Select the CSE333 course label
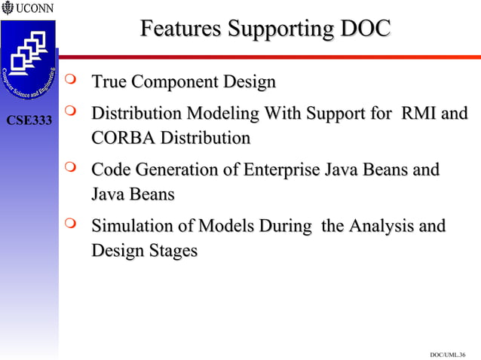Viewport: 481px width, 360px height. [29, 121]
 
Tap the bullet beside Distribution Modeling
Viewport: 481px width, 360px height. [72, 111]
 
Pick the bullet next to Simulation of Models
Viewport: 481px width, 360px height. [72, 224]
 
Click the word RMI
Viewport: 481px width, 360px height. [418, 114]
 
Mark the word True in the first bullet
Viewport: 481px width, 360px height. [108, 81]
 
